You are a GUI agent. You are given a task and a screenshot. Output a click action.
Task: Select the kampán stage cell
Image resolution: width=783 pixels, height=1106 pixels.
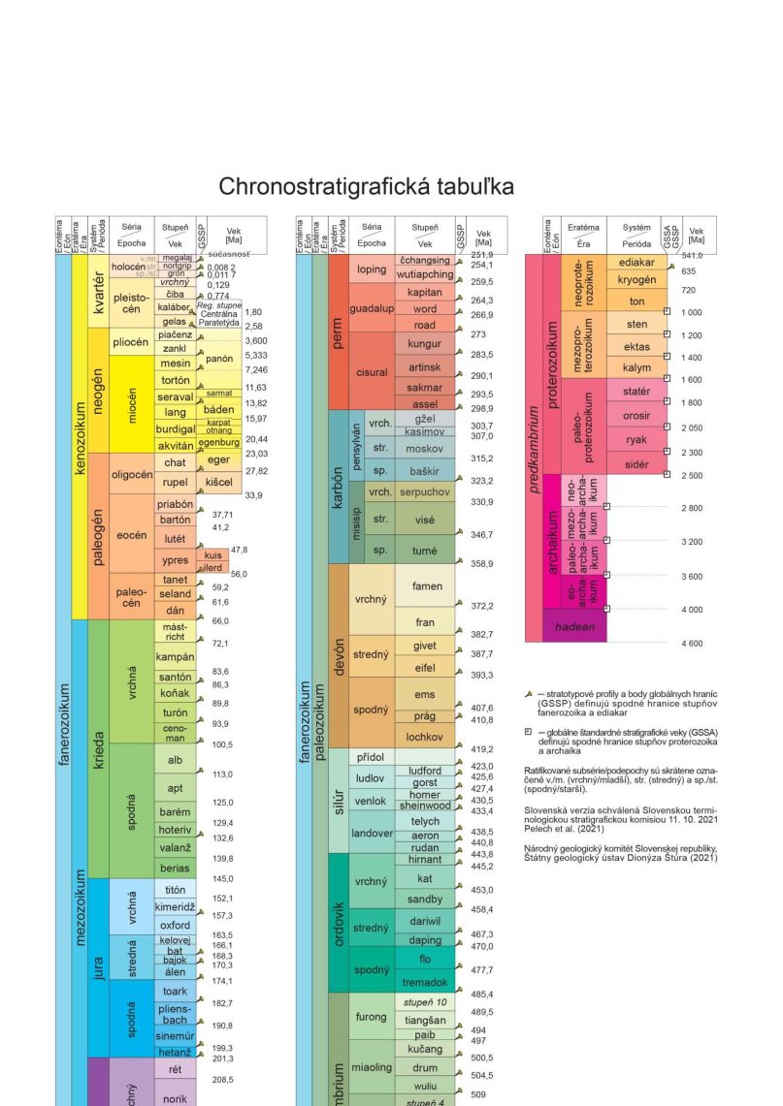(x=175, y=658)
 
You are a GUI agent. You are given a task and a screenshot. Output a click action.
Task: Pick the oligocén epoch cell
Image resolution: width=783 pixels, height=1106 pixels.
(x=131, y=474)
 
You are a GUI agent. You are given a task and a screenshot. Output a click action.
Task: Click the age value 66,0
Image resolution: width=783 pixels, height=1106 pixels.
(x=220, y=621)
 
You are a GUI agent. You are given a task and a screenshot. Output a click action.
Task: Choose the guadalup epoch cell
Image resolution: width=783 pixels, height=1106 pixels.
(x=371, y=308)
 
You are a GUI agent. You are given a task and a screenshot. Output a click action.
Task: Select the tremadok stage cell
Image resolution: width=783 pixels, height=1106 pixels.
(x=425, y=980)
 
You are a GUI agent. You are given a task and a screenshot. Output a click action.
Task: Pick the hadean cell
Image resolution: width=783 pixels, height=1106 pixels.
(x=574, y=627)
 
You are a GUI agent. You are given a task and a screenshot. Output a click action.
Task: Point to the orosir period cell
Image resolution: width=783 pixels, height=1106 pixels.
(x=636, y=416)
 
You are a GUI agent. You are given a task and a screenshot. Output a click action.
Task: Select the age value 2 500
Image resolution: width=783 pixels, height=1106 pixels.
(x=691, y=476)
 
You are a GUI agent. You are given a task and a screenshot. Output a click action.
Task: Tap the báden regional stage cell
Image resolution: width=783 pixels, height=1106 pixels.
(x=216, y=410)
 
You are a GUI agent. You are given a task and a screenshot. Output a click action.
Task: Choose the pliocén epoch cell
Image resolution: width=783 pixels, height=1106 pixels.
(x=131, y=342)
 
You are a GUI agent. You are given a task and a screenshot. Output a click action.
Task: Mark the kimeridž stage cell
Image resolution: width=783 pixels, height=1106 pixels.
(x=175, y=907)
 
